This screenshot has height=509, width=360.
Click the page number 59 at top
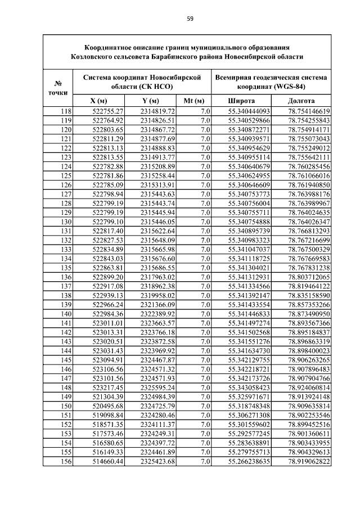190,19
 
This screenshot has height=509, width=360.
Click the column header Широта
241,101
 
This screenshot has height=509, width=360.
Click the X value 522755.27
108,111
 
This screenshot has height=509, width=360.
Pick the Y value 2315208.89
158,166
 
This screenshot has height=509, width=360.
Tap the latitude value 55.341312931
249,277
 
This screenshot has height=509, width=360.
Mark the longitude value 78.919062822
309,462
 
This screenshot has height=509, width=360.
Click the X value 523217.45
108,388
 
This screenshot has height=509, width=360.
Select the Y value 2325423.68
158,462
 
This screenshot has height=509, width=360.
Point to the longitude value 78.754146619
309,111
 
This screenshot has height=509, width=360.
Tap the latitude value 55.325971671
249,397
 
